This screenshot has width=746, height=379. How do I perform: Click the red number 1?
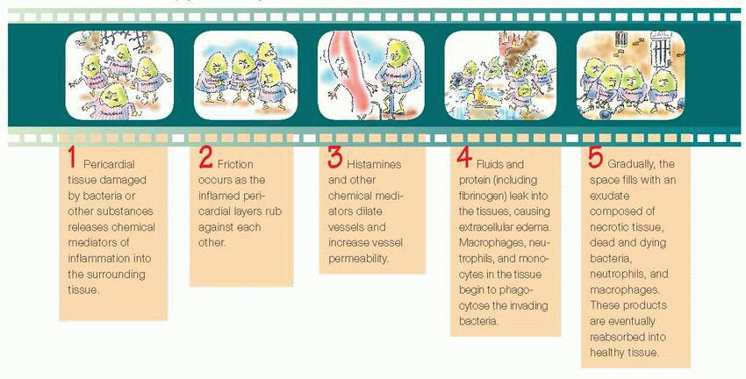pyautogui.click(x=72, y=158)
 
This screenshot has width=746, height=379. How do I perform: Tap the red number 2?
pyautogui.click(x=205, y=158)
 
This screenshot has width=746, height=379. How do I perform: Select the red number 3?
pyautogui.click(x=334, y=158)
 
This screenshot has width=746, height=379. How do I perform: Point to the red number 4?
pyautogui.click(x=464, y=158)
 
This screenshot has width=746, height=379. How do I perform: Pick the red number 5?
pyautogui.click(x=596, y=158)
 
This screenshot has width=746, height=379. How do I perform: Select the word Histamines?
pyautogui.click(x=374, y=165)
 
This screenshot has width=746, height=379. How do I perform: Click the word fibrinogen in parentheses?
pyautogui.click(x=483, y=195)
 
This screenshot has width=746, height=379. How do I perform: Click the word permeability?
pyautogui.click(x=358, y=258)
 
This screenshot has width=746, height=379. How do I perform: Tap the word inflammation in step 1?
pyautogui.click(x=93, y=259)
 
